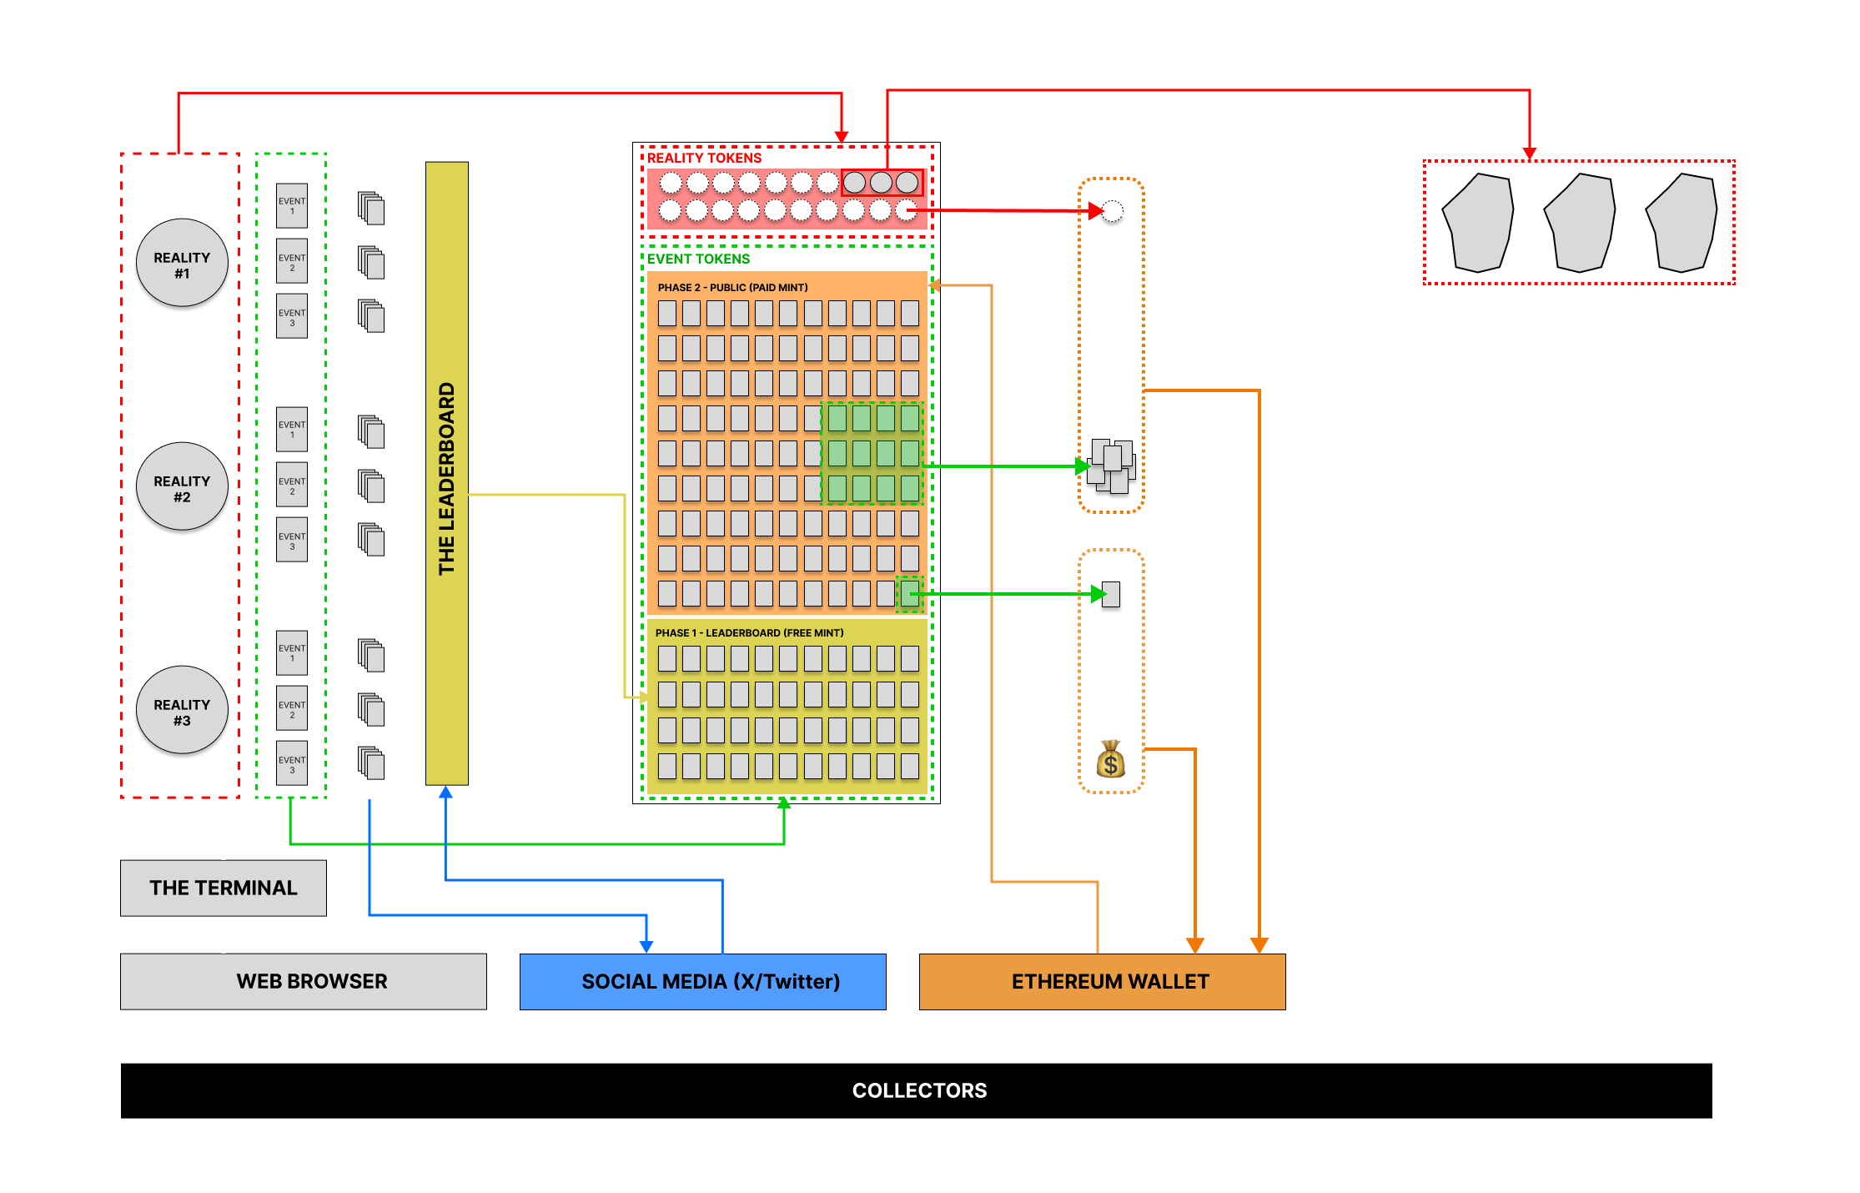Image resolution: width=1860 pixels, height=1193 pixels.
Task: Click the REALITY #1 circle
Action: click(x=182, y=265)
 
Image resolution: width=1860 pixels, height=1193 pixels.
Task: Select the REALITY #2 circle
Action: click(x=182, y=489)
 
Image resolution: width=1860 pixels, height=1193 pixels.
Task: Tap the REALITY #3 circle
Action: click(x=182, y=712)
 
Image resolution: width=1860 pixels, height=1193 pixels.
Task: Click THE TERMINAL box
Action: click(x=223, y=888)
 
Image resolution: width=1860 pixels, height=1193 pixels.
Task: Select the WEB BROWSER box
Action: click(x=303, y=981)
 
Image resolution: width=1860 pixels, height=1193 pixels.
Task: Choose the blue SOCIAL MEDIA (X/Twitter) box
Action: click(x=702, y=981)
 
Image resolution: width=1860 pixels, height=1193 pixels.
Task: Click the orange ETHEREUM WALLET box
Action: click(x=1102, y=981)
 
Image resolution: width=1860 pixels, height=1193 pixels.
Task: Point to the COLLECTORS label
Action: click(x=919, y=1090)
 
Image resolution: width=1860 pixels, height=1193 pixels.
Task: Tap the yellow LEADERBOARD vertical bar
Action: click(x=446, y=473)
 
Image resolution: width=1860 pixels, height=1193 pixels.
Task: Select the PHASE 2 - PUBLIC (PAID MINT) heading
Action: click(x=732, y=288)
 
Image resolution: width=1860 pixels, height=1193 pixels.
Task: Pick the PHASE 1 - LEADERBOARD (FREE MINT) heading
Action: click(x=749, y=633)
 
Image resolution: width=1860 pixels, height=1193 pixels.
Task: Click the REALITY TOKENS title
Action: click(x=704, y=159)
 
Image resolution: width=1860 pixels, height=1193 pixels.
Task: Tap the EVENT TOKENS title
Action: click(x=698, y=259)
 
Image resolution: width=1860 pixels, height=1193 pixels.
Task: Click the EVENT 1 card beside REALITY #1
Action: click(x=292, y=206)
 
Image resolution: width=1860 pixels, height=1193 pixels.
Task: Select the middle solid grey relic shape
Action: click(x=1579, y=223)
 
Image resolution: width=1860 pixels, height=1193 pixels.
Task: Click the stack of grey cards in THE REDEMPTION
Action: click(x=1111, y=466)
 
